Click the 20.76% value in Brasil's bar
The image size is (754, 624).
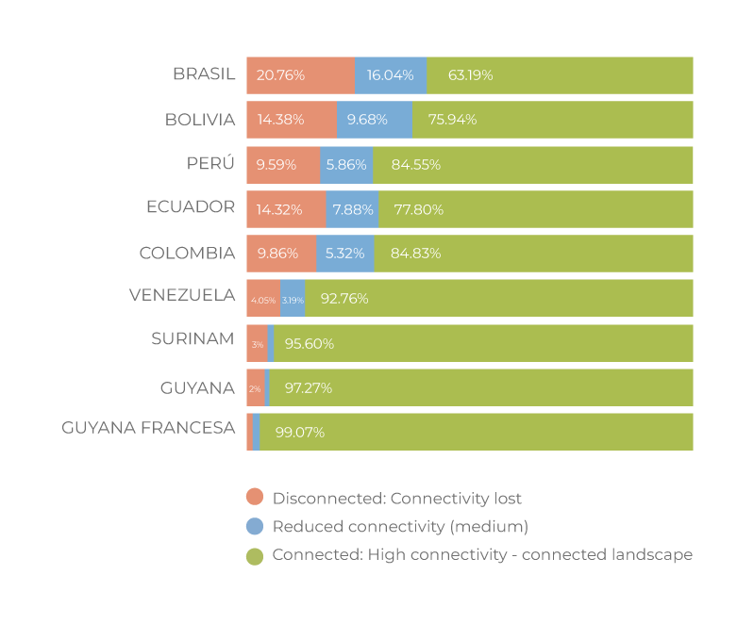pyautogui.click(x=280, y=75)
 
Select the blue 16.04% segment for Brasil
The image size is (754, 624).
pyautogui.click(x=390, y=75)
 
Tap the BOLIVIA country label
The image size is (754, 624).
pyautogui.click(x=199, y=120)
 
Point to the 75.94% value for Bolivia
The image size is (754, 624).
pyautogui.click(x=452, y=120)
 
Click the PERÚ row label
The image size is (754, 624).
pyautogui.click(x=210, y=164)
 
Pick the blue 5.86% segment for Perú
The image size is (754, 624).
pyautogui.click(x=346, y=164)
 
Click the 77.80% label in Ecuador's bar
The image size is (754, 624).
pyautogui.click(x=418, y=209)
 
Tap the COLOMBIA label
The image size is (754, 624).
pyautogui.click(x=187, y=254)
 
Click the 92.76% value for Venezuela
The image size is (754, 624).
pyautogui.click(x=344, y=299)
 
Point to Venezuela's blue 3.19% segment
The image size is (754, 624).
pyautogui.click(x=293, y=299)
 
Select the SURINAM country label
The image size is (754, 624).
pyautogui.click(x=193, y=339)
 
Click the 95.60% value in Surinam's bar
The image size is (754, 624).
pyautogui.click(x=310, y=344)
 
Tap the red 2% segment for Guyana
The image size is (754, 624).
pyautogui.click(x=255, y=388)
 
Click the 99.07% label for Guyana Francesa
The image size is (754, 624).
pyautogui.click(x=300, y=433)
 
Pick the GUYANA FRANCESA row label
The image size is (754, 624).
pyautogui.click(x=148, y=428)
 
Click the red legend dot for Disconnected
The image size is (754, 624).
pyautogui.click(x=254, y=499)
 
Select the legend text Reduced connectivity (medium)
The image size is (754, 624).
pyautogui.click(x=400, y=527)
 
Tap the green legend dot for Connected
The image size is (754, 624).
pyautogui.click(x=254, y=556)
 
